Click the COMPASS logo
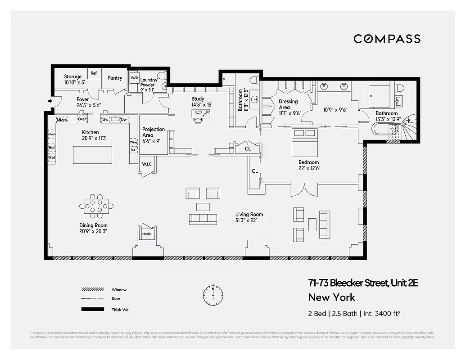[387, 39]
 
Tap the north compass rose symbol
[213, 294]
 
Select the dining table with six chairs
[96, 206]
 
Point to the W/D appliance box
[134, 78]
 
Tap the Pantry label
[115, 78]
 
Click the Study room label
[198, 99]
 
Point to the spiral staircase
[410, 127]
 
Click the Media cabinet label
[147, 234]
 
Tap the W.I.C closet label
[147, 164]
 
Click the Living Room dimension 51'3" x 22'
[249, 220]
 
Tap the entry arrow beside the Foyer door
[49, 101]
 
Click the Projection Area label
[154, 132]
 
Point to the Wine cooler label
[133, 142]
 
